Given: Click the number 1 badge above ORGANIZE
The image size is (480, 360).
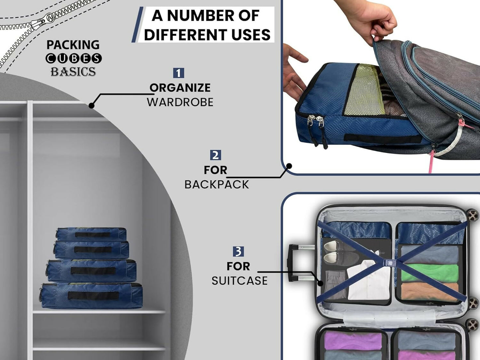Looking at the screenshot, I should [178, 73].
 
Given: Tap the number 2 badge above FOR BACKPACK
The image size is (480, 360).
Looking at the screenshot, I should [215, 155].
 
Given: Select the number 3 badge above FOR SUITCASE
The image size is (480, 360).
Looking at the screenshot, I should [238, 251].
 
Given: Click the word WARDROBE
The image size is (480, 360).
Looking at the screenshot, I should [180, 102].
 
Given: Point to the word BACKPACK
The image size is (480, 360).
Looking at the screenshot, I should [217, 184].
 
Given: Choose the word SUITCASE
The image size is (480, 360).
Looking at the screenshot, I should [240, 281].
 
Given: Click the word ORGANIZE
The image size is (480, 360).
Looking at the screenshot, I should [180, 88].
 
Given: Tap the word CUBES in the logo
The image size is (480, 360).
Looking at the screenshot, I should [73, 58].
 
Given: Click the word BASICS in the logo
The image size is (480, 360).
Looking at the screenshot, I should [73, 72].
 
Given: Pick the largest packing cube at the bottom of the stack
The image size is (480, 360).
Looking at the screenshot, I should [92, 295].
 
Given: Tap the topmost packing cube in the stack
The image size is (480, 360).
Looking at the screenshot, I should [91, 233].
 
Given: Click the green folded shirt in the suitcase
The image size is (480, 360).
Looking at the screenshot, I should [429, 273].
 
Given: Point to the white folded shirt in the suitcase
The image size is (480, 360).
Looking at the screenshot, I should [369, 281].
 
